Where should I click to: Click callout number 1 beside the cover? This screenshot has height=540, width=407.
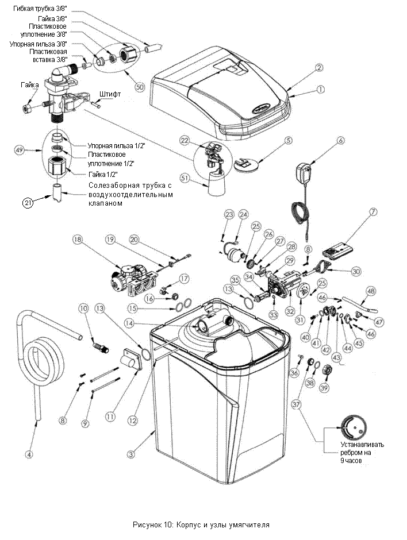(x=321, y=90)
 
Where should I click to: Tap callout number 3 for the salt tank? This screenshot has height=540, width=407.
(x=130, y=454)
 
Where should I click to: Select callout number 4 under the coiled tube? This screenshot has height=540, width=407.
(x=29, y=454)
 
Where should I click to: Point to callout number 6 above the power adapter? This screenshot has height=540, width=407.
(x=341, y=141)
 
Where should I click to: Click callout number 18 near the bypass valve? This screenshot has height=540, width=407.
(x=77, y=240)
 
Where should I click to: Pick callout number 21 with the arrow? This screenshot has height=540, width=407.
(x=28, y=203)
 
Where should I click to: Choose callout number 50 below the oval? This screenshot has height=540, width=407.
(x=140, y=87)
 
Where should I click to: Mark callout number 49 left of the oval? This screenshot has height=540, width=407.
(x=19, y=149)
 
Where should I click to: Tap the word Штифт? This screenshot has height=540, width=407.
(x=110, y=94)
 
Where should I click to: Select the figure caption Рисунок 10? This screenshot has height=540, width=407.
(x=201, y=524)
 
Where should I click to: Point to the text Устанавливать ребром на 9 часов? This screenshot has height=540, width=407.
(x=362, y=452)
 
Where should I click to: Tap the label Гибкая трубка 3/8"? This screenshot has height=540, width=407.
(x=40, y=8)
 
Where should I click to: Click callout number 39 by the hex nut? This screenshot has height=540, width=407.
(x=324, y=388)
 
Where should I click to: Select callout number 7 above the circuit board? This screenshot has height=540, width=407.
(x=373, y=212)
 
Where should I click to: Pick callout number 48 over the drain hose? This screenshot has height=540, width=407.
(x=371, y=291)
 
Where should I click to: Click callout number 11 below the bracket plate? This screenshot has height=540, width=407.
(x=110, y=416)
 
